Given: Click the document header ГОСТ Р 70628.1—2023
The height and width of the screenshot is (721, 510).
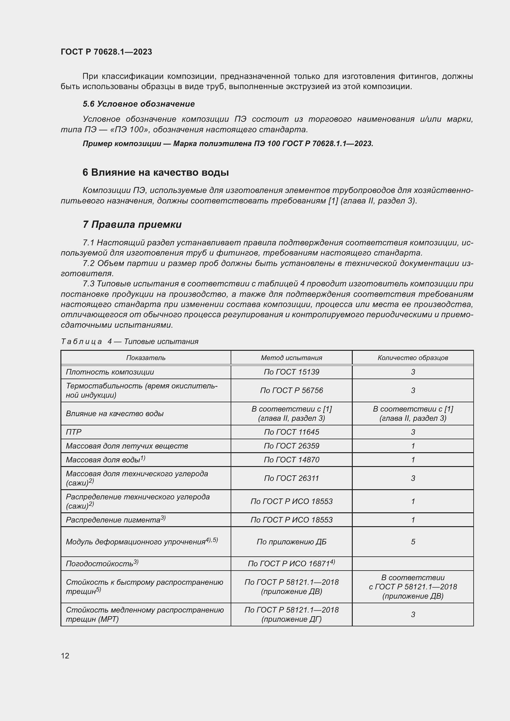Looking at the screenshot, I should pos(106,52).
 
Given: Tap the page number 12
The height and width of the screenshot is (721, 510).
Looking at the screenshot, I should pos(65,656).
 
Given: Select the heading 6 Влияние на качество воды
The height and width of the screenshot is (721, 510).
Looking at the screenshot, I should pos(155,172).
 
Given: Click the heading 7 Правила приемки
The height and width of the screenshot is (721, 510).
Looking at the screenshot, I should pos(132,224).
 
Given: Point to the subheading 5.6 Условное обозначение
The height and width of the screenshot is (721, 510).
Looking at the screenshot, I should pos(138,104).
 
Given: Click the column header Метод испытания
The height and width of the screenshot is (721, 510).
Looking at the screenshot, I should pos(291,358).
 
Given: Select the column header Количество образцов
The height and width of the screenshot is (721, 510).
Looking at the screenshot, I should pos(413,358).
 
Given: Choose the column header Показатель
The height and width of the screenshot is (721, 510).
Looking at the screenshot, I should pos(146,358).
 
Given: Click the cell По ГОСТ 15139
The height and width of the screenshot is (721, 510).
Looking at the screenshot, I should pos(291,372).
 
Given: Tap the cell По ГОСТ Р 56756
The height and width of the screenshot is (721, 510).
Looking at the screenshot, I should pos(291,390).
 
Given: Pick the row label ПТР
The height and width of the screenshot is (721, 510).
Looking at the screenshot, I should pos(74,432).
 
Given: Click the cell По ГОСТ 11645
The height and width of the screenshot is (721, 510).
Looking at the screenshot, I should pos(291,432).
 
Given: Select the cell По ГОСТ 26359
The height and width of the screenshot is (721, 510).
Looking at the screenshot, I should pos(291,446).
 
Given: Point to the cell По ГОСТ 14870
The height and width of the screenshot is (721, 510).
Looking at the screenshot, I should pos(291,460).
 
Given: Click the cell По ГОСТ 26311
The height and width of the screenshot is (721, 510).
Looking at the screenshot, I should pos(291,478).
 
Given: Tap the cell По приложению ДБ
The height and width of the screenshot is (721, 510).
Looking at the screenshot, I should pos(291,542).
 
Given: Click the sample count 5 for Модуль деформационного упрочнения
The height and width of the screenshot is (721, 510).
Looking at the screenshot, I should pos(413,542).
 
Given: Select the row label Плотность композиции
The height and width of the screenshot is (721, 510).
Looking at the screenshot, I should pos(110,372).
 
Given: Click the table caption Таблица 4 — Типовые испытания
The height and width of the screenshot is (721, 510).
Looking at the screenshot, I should pos(130,341).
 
